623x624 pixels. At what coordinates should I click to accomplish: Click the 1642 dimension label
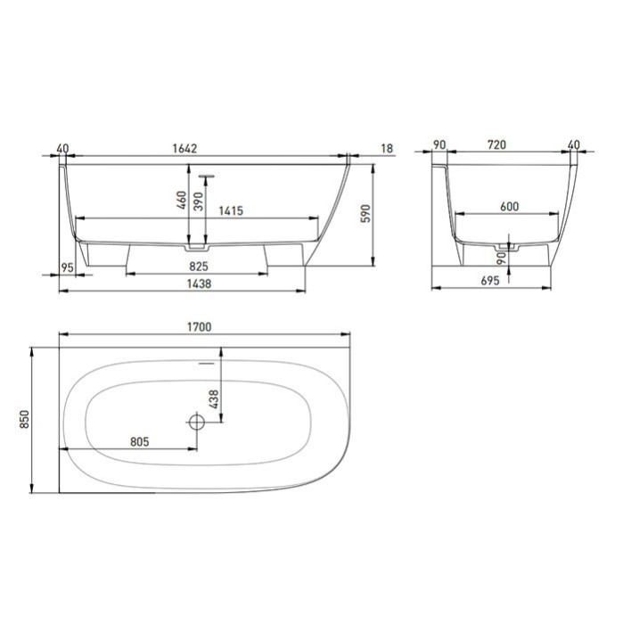pyautogui.click(x=199, y=149)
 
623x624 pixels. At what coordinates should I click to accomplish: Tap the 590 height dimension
pyautogui.click(x=364, y=214)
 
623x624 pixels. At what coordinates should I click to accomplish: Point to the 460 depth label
pyautogui.click(x=182, y=201)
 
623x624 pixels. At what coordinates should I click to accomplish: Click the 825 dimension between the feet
pyautogui.click(x=198, y=266)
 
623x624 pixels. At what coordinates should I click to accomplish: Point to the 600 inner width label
pyautogui.click(x=509, y=207)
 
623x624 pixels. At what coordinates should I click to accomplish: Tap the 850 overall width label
pyautogui.click(x=25, y=418)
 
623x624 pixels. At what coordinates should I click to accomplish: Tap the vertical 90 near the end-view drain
pyautogui.click(x=503, y=259)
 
